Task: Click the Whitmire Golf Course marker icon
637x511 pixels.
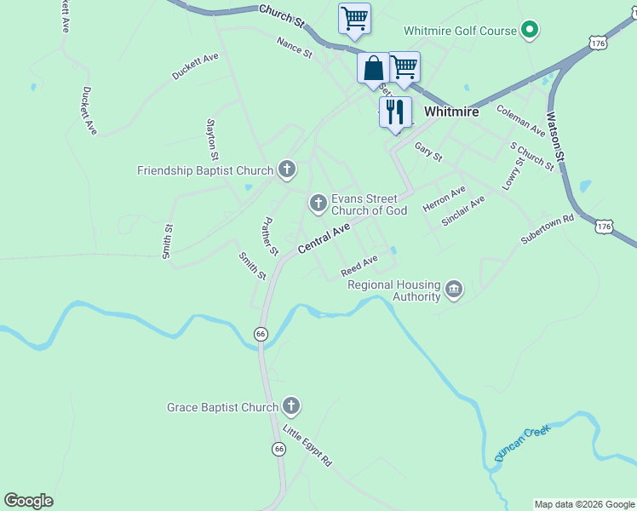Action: pyautogui.click(x=530, y=31)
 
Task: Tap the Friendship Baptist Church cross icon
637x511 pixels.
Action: pyautogui.click(x=286, y=170)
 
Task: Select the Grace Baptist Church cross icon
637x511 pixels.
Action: pyautogui.click(x=290, y=407)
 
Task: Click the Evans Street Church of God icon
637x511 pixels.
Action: pyautogui.click(x=318, y=204)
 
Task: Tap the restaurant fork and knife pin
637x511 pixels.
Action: pyautogui.click(x=395, y=111)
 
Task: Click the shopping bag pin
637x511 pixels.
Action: pyautogui.click(x=374, y=68)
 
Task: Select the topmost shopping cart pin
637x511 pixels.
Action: pyautogui.click(x=354, y=18)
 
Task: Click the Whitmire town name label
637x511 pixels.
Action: pyautogui.click(x=451, y=112)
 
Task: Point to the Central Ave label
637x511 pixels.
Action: pyautogui.click(x=324, y=238)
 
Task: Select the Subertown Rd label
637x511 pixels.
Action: pyautogui.click(x=548, y=230)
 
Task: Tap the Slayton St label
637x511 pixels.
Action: pyautogui.click(x=212, y=139)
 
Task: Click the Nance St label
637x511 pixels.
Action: pyautogui.click(x=295, y=46)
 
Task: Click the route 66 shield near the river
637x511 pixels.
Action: pyautogui.click(x=261, y=335)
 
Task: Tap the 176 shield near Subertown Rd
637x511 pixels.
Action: pyautogui.click(x=604, y=227)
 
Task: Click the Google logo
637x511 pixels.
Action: pyautogui.click(x=28, y=501)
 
